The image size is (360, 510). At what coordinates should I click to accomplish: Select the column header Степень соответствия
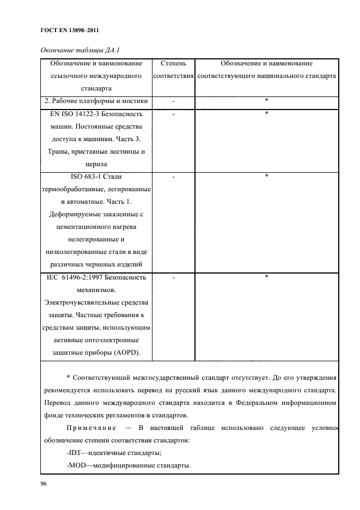pos(174,70)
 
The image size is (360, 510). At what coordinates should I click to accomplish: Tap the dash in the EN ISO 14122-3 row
pos(173,115)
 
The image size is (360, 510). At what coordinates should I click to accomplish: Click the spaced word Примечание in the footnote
pos(93,428)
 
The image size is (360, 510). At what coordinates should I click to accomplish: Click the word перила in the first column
pos(96,164)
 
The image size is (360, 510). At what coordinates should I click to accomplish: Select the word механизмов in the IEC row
pos(96,290)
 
